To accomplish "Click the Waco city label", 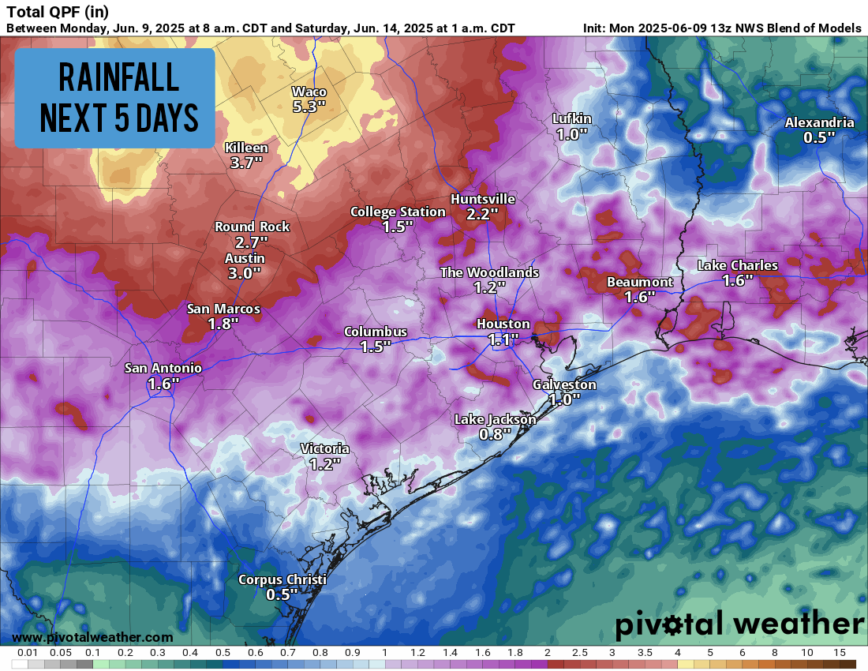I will click(x=309, y=92).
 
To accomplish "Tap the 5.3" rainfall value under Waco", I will click(x=309, y=107).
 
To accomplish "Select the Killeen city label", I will click(x=246, y=148).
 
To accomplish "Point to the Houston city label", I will click(x=503, y=324).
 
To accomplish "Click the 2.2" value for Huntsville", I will click(x=482, y=214).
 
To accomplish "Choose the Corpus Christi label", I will click(x=282, y=580).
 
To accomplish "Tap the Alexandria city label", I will click(x=819, y=122).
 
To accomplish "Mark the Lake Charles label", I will click(x=737, y=265).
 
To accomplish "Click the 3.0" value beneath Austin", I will click(x=245, y=273).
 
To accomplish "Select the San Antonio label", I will click(x=163, y=368).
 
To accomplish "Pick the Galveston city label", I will click(x=564, y=384).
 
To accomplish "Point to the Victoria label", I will click(x=324, y=448).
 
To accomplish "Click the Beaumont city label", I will click(x=639, y=282).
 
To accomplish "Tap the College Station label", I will click(x=398, y=212).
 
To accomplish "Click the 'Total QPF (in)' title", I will click(x=57, y=12).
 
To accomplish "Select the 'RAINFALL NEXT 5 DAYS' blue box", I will click(x=114, y=98).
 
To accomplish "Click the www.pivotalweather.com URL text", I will click(x=92, y=637).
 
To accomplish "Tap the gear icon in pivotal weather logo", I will click(x=674, y=625).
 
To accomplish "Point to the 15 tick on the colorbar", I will click(x=839, y=653).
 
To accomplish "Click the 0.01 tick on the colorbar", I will click(x=28, y=653).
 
